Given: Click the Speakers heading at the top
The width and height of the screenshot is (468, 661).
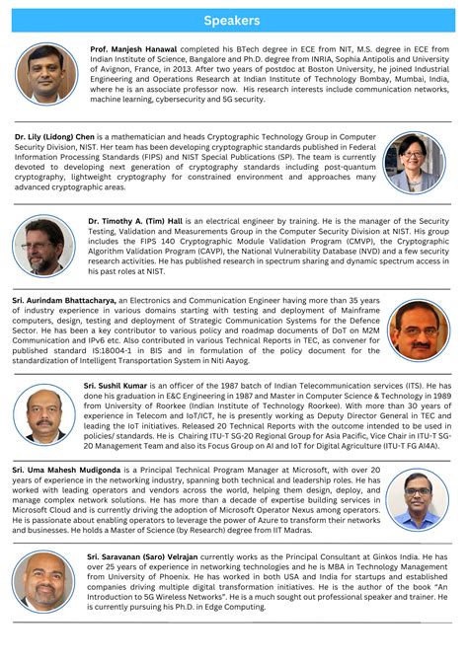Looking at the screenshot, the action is pyautogui.click(x=233, y=20).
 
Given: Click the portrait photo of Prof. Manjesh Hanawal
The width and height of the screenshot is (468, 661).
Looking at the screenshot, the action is pyautogui.click(x=46, y=72).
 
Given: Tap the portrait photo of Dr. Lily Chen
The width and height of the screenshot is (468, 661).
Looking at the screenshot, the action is pyautogui.click(x=415, y=162).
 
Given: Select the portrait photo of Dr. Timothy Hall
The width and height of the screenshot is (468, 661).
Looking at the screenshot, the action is pyautogui.click(x=43, y=246).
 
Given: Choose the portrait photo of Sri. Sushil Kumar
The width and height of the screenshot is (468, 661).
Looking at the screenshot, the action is pyautogui.click(x=46, y=412).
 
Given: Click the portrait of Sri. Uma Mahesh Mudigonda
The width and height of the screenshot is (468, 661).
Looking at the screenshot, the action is pyautogui.click(x=416, y=498).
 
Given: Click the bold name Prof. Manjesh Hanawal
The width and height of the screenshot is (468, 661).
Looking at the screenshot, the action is pyautogui.click(x=132, y=48).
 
